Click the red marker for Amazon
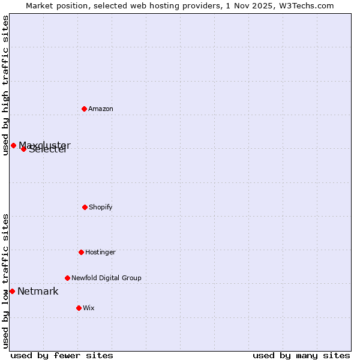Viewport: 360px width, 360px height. [84, 109]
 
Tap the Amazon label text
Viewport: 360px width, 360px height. [101, 109]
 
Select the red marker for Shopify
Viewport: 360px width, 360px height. [85, 207]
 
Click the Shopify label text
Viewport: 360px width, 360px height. [101, 208]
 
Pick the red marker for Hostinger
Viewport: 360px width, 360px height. [81, 252]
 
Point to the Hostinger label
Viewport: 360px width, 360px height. [100, 253]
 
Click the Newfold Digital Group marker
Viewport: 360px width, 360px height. [67, 278]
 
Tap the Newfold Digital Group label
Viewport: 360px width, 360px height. [106, 278]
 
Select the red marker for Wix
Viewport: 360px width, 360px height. [79, 308]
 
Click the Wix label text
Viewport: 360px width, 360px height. [89, 308]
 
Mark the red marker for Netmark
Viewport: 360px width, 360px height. [12, 291]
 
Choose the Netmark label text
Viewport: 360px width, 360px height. [38, 292]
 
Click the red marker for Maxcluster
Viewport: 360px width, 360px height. [13, 145]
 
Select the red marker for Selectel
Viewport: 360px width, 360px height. [23, 149]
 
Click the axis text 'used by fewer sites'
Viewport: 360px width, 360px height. [62, 355]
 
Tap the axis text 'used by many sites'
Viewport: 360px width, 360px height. [301, 355]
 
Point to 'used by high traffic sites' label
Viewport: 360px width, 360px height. [5, 85]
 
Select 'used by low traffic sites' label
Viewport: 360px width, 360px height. [5, 281]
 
